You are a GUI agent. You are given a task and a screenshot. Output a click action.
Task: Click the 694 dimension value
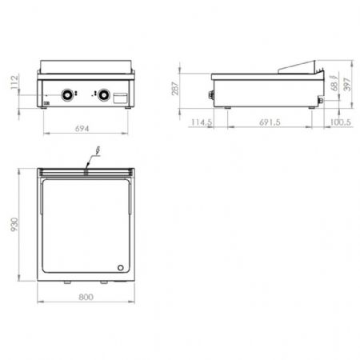tap(82, 129)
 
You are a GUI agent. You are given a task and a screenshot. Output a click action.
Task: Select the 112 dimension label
tap(14, 82)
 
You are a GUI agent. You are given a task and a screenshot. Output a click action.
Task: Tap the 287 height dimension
tap(175, 88)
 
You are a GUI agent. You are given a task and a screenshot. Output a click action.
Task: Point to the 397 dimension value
tap(347, 84)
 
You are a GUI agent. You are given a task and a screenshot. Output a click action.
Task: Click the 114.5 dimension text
tap(202, 122)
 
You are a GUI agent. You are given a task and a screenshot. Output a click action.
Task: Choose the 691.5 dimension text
tap(270, 122)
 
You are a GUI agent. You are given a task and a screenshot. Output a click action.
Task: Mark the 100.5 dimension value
tap(341, 122)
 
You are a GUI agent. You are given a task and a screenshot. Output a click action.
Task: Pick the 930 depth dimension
tap(14, 225)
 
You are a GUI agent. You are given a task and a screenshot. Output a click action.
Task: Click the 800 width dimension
tap(86, 297)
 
